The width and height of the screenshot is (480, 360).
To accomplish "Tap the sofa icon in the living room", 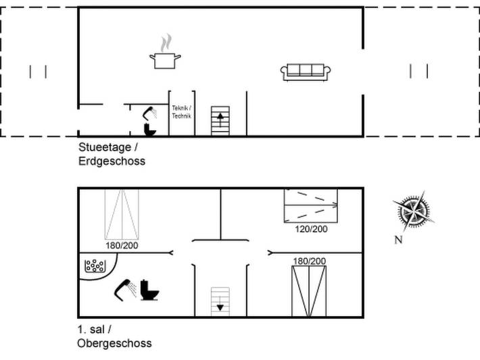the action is (306, 72).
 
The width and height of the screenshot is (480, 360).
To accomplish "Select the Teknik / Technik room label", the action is (182, 112).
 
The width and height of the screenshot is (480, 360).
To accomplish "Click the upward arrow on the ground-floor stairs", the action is (220, 119).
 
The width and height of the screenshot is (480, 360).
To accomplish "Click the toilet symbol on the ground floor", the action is (150, 130).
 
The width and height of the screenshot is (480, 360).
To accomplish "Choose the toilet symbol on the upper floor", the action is (149, 290).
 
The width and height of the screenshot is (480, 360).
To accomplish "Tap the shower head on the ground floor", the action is (150, 113).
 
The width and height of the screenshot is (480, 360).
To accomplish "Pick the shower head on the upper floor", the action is (126, 290).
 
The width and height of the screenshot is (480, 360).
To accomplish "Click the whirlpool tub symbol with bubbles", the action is (95, 266).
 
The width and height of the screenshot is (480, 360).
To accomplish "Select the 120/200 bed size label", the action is (311, 229).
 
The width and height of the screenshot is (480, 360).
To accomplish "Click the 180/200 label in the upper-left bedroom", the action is (122, 245).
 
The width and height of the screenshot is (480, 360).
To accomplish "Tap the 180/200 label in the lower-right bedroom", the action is (310, 261).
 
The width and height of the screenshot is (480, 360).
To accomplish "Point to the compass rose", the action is (414, 211).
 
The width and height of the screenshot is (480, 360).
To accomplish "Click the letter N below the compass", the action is (398, 240).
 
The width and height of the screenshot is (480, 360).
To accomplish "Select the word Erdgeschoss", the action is (112, 161).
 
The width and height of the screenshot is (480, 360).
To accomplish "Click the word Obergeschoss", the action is (114, 343).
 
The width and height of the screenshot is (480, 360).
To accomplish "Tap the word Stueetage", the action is (105, 147).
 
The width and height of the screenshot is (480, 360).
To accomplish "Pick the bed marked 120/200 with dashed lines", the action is (311, 205).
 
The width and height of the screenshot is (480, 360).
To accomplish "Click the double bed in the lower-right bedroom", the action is (309, 291).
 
